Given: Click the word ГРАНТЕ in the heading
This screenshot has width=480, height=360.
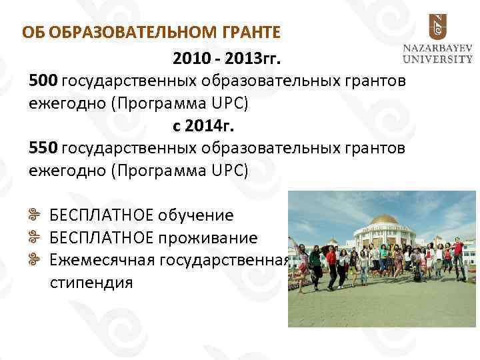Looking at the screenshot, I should (248, 31).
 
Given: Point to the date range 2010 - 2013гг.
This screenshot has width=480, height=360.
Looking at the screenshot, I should (227, 60).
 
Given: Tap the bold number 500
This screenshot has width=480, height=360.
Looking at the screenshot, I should (43, 81).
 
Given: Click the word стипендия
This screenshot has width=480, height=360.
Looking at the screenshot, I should (91, 282).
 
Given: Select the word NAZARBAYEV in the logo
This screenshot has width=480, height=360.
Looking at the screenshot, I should (437, 48).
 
